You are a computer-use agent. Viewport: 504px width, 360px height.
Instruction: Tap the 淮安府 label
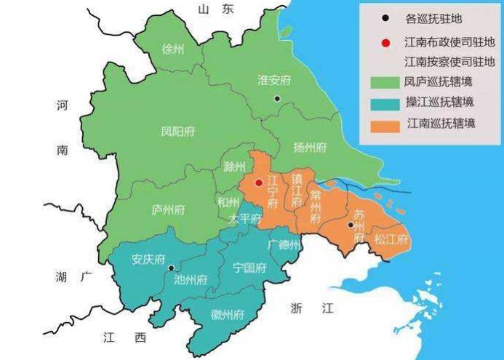pos(274,80)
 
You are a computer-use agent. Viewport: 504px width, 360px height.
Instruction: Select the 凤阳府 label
pos(177,132)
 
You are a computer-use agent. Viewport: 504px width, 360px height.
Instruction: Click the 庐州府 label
pos(168,209)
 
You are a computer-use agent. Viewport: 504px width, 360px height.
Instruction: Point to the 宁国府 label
pos(247,268)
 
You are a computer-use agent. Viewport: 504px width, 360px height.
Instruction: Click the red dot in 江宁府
pos(258,183)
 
